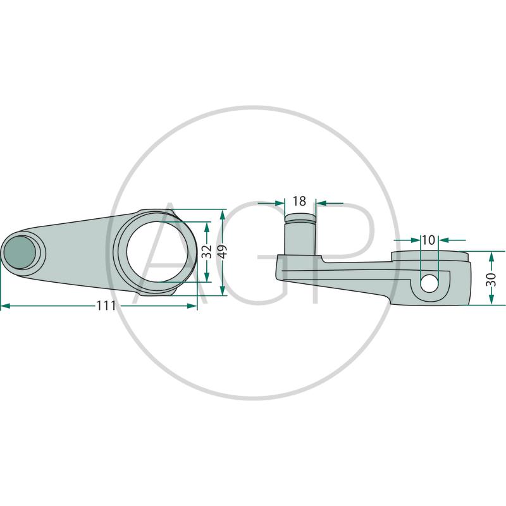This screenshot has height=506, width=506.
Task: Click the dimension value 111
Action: [x=106, y=305]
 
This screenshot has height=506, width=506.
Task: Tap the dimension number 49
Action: [x=223, y=251]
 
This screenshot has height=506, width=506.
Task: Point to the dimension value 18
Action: [x=299, y=201]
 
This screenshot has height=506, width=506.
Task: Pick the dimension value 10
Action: [x=429, y=240]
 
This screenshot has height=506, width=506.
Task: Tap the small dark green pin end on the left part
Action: [x=20, y=252]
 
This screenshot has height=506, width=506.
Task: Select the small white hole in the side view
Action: [x=429, y=283]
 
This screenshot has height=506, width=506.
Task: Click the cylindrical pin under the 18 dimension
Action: [x=300, y=234]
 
